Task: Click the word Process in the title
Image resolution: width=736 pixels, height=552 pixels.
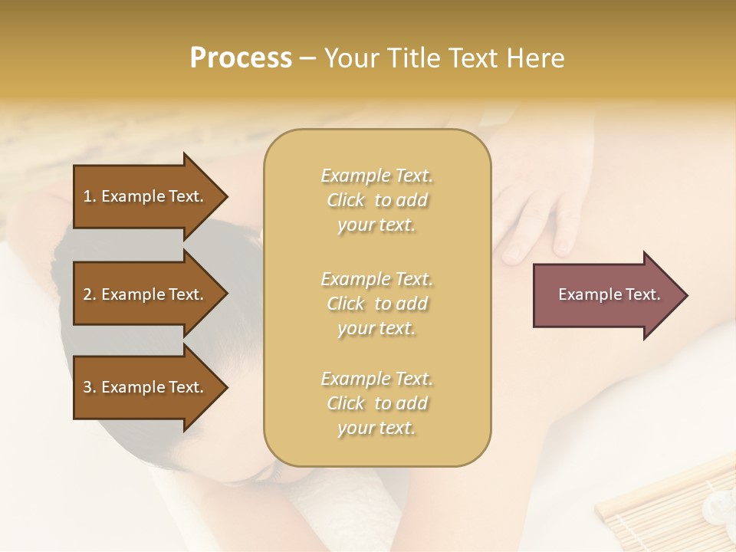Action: pos(241,58)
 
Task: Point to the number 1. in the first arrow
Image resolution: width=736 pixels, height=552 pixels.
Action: pos(90,196)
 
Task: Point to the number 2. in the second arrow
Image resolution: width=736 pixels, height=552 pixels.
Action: pos(90,294)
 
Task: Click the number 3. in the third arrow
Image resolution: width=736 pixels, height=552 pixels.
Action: pos(90,387)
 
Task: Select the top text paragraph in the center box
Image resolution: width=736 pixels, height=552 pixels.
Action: pos(376,200)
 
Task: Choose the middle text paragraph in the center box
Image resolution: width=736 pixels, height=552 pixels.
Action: pos(376,303)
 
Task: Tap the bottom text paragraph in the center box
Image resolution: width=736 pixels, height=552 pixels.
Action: pos(376,403)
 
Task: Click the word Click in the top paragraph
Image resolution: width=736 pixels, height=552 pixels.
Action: pos(346,200)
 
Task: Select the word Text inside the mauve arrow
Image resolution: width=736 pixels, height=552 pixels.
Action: pos(643,294)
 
